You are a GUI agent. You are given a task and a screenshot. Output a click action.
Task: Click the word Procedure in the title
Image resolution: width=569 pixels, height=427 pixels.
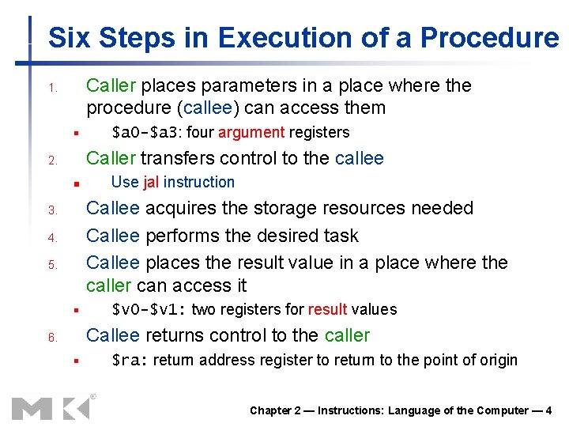click(489, 38)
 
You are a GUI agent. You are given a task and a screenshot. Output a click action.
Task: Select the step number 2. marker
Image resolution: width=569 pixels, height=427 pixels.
click(51, 161)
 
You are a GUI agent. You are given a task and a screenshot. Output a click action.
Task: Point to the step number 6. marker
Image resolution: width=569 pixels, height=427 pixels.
click(51, 338)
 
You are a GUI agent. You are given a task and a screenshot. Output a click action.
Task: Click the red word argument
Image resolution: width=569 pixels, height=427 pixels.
click(251, 132)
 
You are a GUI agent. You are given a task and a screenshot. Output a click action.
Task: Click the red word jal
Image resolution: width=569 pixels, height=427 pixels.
click(151, 182)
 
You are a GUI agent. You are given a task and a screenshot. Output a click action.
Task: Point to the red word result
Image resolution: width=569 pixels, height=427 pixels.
click(327, 309)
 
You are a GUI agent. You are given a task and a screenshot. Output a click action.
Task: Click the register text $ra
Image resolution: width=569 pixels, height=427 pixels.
click(128, 361)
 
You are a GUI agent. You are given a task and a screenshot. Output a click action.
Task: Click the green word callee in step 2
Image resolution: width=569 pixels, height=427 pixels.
click(360, 158)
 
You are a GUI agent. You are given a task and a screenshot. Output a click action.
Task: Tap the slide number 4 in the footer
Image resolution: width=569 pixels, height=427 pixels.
click(548, 410)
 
